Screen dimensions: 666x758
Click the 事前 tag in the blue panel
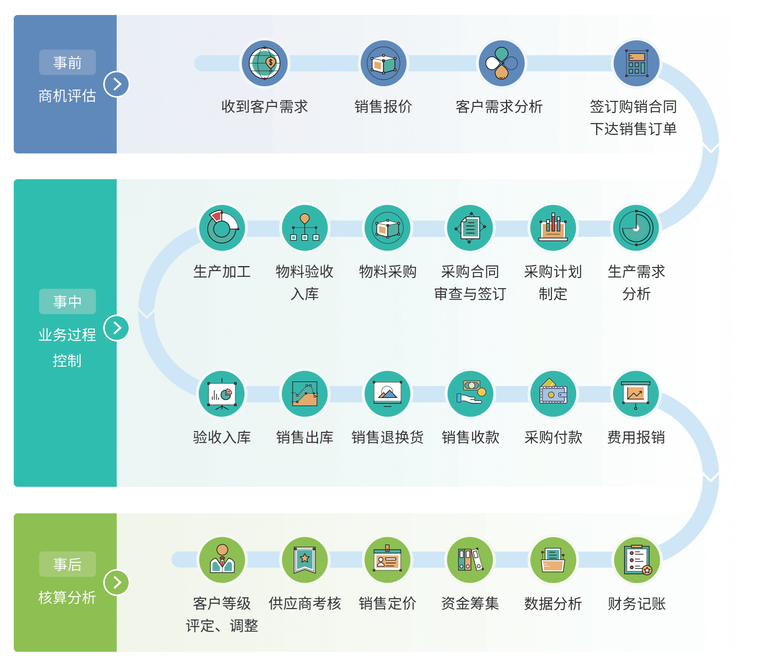point(67,62)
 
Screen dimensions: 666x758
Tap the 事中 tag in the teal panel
point(67,301)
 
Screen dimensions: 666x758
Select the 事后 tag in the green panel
point(67,564)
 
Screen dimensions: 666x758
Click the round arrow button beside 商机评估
point(116,84)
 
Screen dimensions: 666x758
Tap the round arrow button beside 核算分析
point(116,582)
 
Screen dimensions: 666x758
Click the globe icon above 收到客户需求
point(264,63)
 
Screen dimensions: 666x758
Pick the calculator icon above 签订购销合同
point(636,63)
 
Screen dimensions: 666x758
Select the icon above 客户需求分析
point(501,63)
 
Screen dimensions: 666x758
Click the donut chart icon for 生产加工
point(222,228)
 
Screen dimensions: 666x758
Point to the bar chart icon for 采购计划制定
point(553,228)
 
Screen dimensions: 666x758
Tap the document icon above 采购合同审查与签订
point(470,228)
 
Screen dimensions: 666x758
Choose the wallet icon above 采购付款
point(553,394)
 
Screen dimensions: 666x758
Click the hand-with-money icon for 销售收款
point(470,394)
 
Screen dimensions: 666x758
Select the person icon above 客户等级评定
point(222,560)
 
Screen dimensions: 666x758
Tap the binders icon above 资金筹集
point(470,560)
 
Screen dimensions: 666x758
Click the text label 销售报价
point(383,107)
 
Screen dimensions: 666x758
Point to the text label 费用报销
point(636,437)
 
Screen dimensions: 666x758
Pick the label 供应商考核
point(304,603)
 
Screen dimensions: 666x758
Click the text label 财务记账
point(636,603)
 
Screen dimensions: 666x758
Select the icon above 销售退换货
point(387,394)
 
